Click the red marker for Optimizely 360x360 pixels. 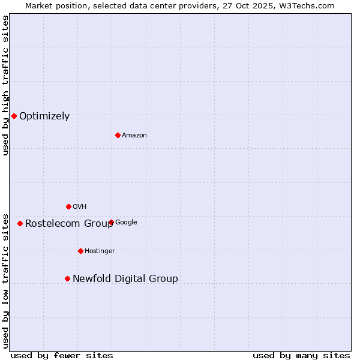pyautogui.click(x=14, y=116)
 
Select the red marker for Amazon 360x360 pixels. pyautogui.click(x=118, y=135)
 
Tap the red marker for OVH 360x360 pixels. pyautogui.click(x=68, y=206)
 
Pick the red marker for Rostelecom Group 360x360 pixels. pyautogui.click(x=20, y=223)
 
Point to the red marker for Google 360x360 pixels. pyautogui.click(x=111, y=222)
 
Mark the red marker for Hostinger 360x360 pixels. pyautogui.click(x=80, y=251)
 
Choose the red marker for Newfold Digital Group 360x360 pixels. pyautogui.click(x=67, y=278)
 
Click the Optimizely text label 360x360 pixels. pyautogui.click(x=44, y=116)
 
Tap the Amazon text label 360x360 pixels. pyautogui.click(x=134, y=136)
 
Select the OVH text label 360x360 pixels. pyautogui.click(x=80, y=207)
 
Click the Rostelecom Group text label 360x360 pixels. pyautogui.click(x=69, y=224)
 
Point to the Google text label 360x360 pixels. pyautogui.click(x=127, y=223)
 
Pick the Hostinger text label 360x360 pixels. pyautogui.click(x=100, y=251)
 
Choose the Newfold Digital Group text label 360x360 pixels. pyautogui.click(x=125, y=279)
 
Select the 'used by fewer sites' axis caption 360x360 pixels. pyautogui.click(x=62, y=356)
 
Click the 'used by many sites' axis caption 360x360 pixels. pyautogui.click(x=301, y=356)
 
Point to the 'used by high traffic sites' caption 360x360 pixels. pyautogui.click(x=5, y=85)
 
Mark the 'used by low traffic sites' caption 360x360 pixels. pyautogui.click(x=5, y=280)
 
